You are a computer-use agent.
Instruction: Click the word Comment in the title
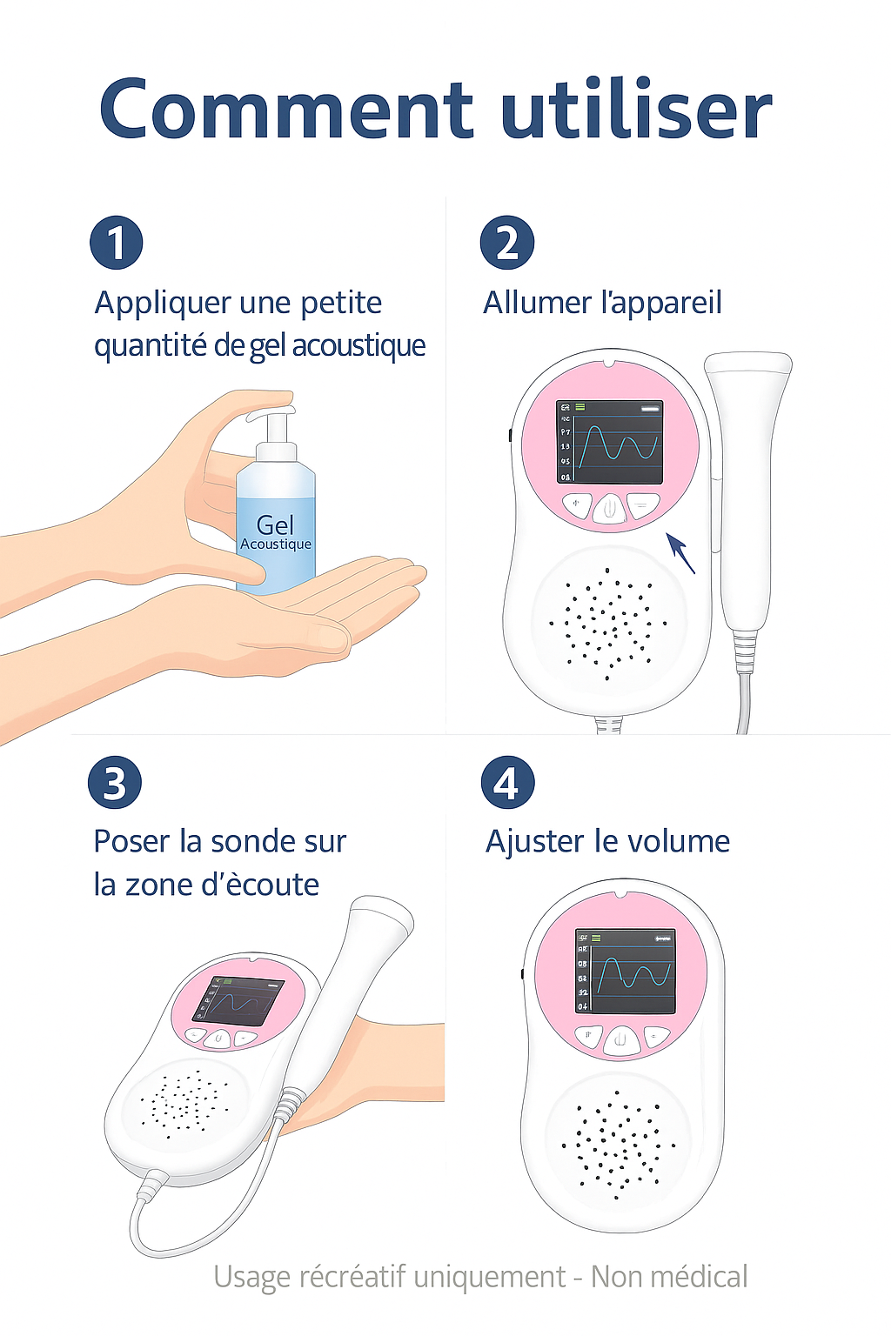(286, 110)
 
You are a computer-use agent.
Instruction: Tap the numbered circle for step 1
(117, 243)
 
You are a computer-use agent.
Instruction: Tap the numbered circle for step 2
(507, 243)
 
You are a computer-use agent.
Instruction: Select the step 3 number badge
(115, 783)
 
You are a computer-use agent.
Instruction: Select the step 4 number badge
(507, 783)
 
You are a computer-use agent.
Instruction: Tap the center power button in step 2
(610, 508)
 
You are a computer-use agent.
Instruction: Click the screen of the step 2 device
(610, 443)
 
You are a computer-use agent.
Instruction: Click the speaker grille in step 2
(607, 623)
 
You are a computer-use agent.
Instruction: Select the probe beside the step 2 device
(746, 487)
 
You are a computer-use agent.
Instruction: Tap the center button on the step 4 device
(620, 1039)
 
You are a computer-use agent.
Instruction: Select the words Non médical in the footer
(669, 1277)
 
